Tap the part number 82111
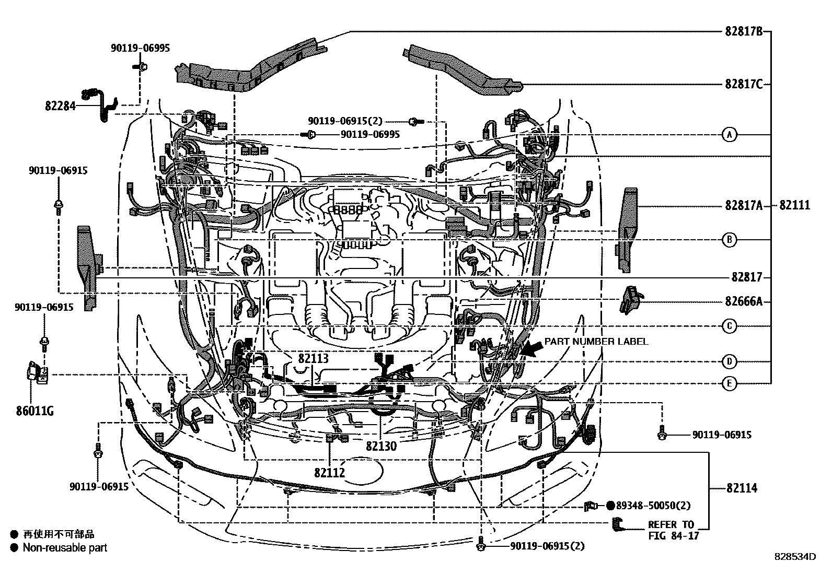point(794,206)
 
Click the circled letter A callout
point(730,135)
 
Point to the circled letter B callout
point(730,240)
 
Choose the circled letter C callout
point(730,326)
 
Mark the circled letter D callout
point(730,361)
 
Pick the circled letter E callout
point(730,384)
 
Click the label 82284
point(60,107)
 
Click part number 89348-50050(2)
point(653,506)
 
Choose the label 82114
point(741,488)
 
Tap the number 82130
point(381,447)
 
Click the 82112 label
point(330,473)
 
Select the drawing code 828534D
point(795,557)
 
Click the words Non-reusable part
point(65,548)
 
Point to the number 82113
point(314,358)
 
